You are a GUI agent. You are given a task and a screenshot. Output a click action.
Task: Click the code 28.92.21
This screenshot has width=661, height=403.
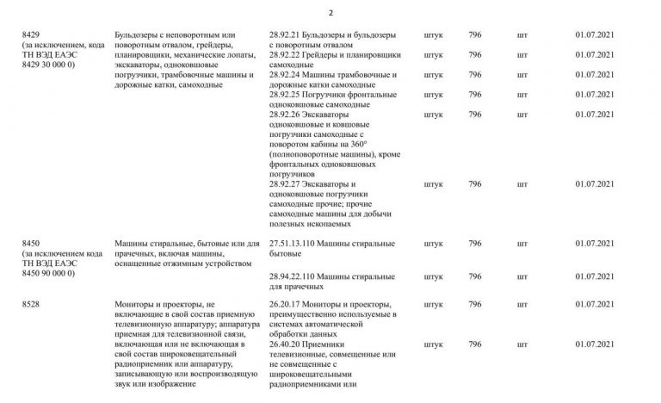click(285, 35)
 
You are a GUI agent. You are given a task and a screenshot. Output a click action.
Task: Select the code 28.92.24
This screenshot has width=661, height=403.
click(285, 75)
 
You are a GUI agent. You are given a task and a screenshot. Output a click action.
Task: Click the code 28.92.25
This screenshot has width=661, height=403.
click(285, 95)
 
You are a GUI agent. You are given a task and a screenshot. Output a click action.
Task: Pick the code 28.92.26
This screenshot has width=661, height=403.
click(285, 115)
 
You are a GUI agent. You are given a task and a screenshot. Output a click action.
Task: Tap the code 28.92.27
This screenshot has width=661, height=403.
click(285, 184)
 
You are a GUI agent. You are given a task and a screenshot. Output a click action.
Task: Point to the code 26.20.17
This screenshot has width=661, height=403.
click(285, 305)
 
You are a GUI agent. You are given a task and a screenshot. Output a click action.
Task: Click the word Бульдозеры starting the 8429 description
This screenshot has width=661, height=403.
click(139, 35)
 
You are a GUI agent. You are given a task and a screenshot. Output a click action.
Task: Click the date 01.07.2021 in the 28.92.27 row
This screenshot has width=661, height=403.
click(594, 184)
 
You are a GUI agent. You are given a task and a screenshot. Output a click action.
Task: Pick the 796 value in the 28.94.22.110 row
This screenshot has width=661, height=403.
click(474, 275)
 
